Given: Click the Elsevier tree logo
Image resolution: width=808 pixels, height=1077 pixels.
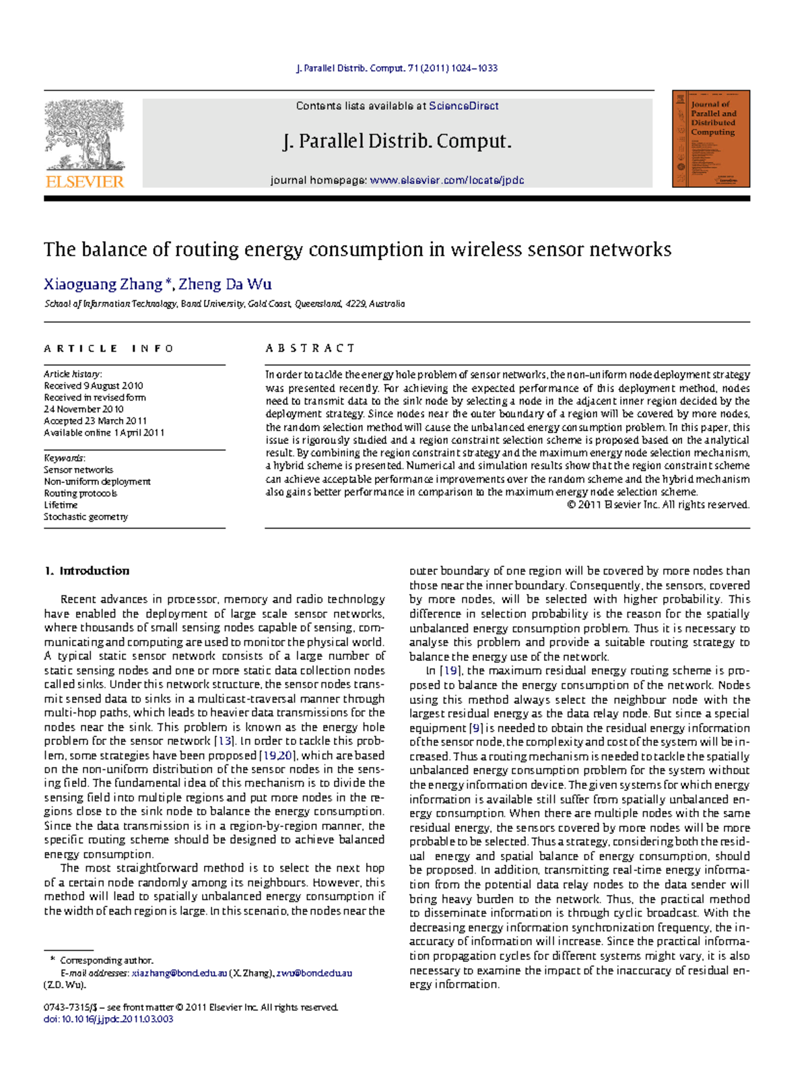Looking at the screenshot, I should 85,135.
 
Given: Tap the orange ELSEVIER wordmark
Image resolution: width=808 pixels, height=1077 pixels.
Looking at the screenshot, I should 85,181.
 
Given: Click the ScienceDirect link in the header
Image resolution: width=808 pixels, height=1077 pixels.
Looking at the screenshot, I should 463,106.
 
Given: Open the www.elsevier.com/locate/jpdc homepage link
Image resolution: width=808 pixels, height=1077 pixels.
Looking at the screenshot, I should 446,181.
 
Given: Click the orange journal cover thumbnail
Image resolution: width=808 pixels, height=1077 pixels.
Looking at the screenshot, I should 711,139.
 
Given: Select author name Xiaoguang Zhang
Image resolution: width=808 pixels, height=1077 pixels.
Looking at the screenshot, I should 103,284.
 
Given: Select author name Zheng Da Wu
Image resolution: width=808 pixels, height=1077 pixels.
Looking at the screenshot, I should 225,284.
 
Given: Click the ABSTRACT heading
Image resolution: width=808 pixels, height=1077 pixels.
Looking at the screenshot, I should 310,348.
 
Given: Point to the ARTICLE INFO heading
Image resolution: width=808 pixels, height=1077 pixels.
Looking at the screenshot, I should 108,348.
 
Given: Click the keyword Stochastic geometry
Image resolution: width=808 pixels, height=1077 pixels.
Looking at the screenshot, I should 86,517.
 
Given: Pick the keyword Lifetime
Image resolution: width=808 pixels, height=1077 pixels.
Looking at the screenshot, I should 61,504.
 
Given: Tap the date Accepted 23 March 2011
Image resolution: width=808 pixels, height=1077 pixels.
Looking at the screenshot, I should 95,421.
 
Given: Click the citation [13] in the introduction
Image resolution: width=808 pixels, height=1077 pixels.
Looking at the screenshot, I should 224,741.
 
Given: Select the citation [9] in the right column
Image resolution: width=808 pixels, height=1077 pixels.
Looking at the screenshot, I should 475,728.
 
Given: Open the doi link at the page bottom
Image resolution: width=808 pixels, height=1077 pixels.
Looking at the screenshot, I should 108,1019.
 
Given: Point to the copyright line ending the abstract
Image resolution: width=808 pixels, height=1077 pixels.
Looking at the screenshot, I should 658,504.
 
